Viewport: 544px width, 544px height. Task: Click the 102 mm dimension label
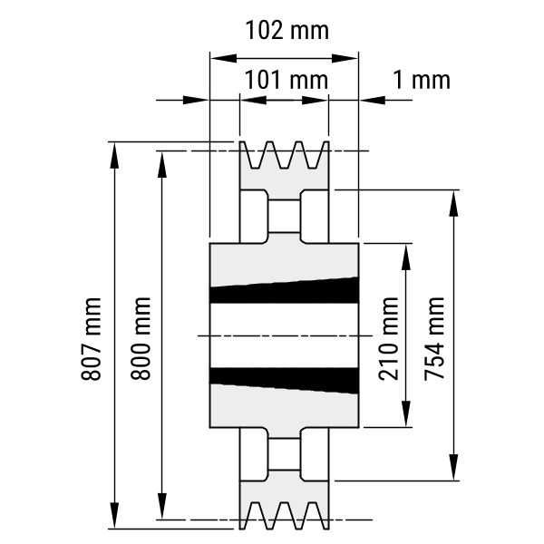287,30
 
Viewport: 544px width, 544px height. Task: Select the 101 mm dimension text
287,80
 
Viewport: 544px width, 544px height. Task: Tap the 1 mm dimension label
422,80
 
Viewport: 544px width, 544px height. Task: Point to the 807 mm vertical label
91,339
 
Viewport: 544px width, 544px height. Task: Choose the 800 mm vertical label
141,338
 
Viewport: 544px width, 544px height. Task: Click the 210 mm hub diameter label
389,339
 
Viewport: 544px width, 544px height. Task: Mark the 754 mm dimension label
434,339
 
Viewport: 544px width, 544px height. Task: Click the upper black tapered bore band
285,291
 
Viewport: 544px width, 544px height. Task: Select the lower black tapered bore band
285,380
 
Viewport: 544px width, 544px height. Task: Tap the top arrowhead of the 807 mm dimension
114,155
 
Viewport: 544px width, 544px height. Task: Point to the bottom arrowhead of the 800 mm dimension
162,506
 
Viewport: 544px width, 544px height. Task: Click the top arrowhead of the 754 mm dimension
454,203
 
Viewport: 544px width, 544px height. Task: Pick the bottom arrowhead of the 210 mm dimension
406,413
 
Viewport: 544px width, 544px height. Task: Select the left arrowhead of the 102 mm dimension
224,58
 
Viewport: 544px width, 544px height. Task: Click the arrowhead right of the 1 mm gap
373,101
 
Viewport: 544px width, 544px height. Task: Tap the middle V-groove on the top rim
284,155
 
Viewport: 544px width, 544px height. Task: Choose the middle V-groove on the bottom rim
284,516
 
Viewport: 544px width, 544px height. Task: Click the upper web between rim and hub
284,216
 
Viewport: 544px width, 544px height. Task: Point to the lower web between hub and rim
284,454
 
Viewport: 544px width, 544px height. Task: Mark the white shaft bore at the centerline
285,335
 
